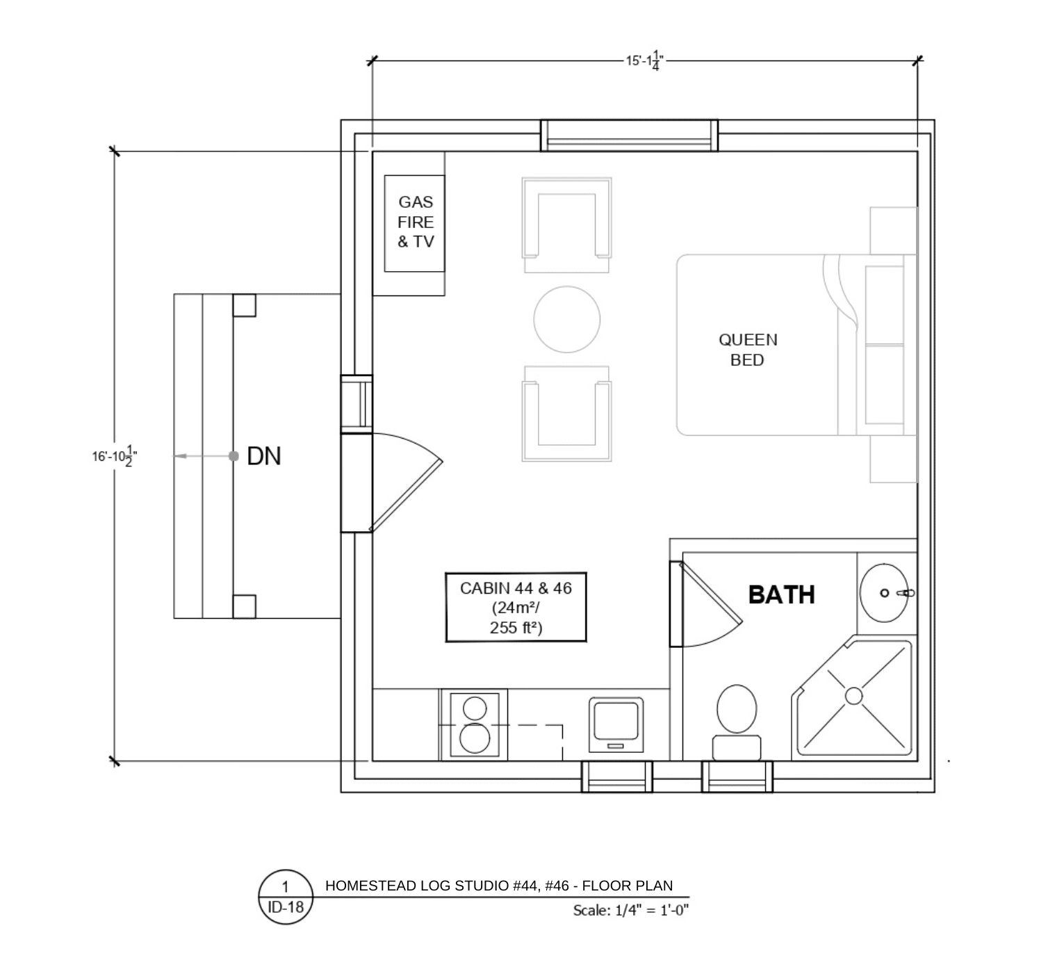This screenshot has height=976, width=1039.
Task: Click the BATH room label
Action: (781, 594)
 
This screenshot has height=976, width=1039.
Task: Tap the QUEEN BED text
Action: (748, 350)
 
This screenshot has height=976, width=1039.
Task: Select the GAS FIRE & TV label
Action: (416, 222)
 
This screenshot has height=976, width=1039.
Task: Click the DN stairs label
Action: (263, 456)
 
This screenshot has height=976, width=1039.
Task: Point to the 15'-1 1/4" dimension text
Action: (645, 60)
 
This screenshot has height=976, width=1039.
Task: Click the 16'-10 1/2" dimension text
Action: (115, 456)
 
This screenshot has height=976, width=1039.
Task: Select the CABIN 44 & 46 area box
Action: (516, 607)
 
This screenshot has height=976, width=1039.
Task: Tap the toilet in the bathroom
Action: (737, 723)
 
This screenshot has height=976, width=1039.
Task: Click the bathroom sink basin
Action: (884, 593)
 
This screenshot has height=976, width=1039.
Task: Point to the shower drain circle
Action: (854, 696)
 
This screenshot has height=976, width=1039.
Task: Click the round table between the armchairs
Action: (566, 319)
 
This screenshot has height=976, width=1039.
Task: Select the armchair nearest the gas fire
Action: (566, 225)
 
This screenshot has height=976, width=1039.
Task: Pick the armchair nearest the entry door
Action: (566, 414)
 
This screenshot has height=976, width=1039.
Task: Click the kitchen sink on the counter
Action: (616, 725)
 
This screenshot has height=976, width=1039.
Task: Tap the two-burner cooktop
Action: (475, 724)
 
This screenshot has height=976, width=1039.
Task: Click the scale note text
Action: (631, 911)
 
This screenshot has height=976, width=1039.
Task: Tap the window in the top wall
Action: (629, 136)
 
